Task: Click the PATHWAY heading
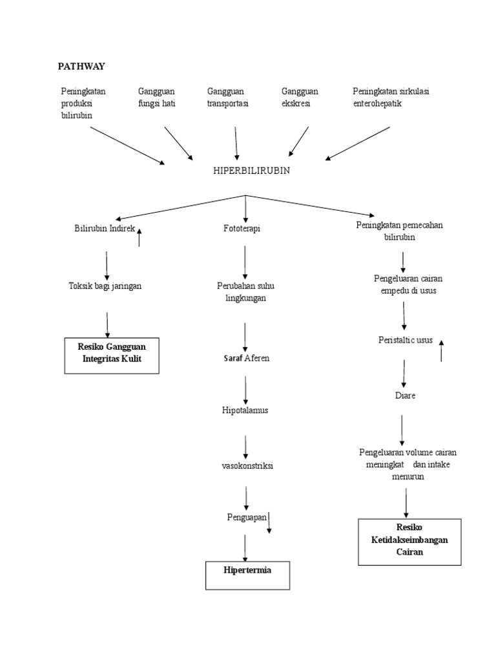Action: pos(81,66)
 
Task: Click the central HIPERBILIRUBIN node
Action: pos(251,171)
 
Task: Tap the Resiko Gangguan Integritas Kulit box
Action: pos(112,355)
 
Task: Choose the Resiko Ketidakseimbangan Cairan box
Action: pos(409,541)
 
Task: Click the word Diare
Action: pos(405,395)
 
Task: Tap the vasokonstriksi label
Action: pos(247,465)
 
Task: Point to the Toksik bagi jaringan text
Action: pos(105,286)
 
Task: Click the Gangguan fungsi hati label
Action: pos(157,97)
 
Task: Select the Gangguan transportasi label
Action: pos(228,97)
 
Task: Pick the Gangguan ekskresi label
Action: pos(300,97)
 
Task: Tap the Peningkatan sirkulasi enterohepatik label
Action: pos(391,97)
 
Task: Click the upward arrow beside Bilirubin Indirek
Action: pos(139,237)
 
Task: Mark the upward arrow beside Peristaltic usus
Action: pos(441,351)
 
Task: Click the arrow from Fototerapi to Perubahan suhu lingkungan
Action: pos(245,261)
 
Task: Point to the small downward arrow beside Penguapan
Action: pos(269,522)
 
